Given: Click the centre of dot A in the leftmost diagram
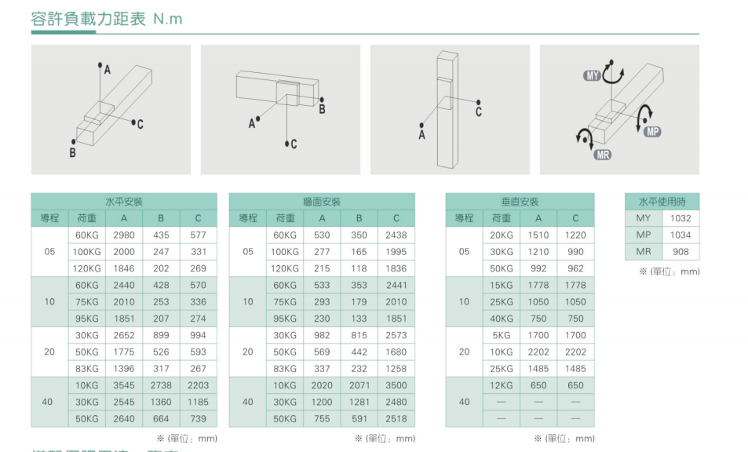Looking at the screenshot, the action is tap(100, 64).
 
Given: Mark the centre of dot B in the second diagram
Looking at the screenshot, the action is tap(322, 100).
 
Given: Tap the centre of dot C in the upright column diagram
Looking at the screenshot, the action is tap(479, 102).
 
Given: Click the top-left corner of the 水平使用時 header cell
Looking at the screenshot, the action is tap(625, 193).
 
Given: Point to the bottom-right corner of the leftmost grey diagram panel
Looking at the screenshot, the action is tap(191, 174).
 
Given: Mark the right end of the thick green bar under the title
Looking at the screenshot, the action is tap(96, 32).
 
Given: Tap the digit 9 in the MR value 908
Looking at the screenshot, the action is tap(675, 252).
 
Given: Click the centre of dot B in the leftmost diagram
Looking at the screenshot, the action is tap(74, 141).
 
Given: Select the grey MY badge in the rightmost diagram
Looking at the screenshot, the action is tap(592, 76).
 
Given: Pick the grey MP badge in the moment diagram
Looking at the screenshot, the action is tap(652, 132).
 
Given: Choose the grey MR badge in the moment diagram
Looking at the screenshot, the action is tap(603, 155).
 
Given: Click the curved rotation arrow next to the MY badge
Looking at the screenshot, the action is tap(612, 72).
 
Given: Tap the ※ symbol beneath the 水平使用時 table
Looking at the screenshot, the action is tap(643, 272).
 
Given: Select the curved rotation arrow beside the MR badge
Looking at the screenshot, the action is tap(585, 138).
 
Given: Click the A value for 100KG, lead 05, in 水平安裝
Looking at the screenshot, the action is tap(124, 252).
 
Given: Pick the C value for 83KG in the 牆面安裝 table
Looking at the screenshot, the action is tap(396, 369).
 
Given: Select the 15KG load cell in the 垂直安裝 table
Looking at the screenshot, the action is tap(502, 285).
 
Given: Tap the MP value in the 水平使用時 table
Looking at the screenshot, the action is tap(680, 235).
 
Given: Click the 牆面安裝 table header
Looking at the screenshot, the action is tap(322, 202).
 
